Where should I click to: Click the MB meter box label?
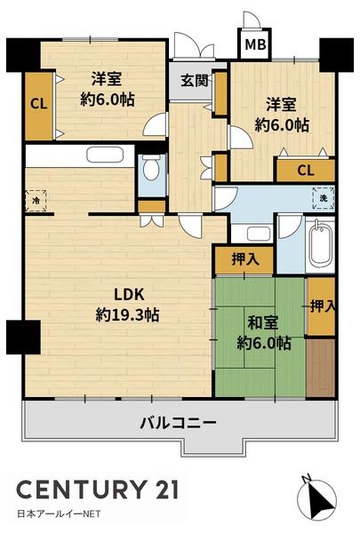point(255,44)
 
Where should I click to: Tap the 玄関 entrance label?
point(195,81)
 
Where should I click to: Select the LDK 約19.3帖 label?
point(128,305)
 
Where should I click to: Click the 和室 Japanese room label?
point(263,322)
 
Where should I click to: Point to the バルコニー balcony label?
point(178,423)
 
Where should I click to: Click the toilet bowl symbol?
point(152,167)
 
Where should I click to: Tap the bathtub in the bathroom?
point(321,244)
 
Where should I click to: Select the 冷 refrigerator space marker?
point(36,201)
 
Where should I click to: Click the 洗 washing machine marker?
point(323,198)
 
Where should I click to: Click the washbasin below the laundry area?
point(259,234)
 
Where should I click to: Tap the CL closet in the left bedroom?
point(39,105)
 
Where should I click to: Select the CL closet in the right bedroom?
point(306,171)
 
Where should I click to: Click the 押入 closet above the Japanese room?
point(244,259)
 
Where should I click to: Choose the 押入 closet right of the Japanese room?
point(322,307)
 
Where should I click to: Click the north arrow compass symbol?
point(316,497)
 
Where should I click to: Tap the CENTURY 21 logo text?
point(98,489)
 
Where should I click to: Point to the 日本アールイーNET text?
point(59,513)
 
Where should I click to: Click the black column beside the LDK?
point(23,337)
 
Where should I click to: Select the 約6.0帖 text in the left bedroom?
point(108,99)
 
